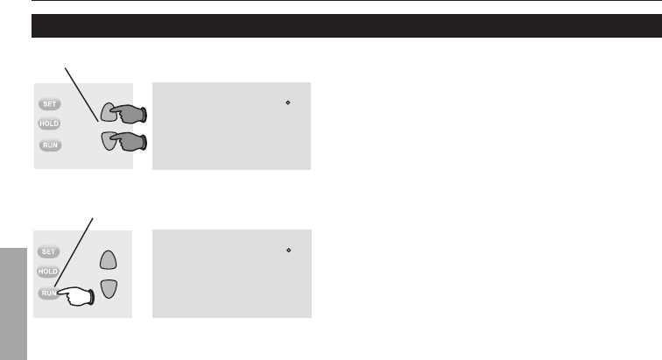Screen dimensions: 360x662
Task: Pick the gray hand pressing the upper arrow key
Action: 127,114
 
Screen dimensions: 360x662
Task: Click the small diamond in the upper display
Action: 288,103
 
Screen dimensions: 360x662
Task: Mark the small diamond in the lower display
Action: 288,251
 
